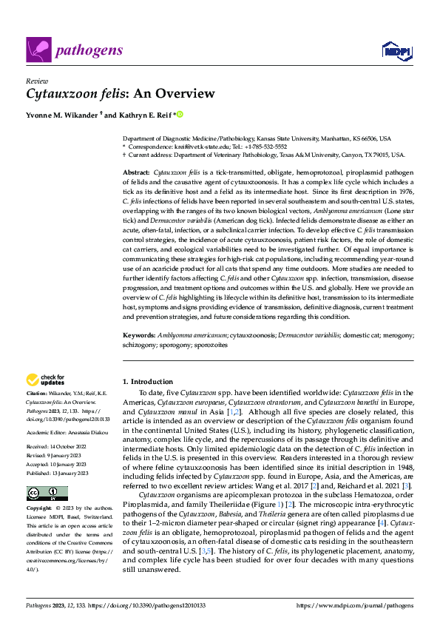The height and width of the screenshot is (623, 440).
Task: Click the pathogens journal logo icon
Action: [38, 50]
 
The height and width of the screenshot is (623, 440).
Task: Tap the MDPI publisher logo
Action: [394, 50]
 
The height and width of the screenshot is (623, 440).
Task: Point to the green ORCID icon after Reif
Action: [179, 115]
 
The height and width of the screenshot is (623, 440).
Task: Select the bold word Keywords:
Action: [138, 334]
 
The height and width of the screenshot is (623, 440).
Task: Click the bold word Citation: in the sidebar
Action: [36, 393]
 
